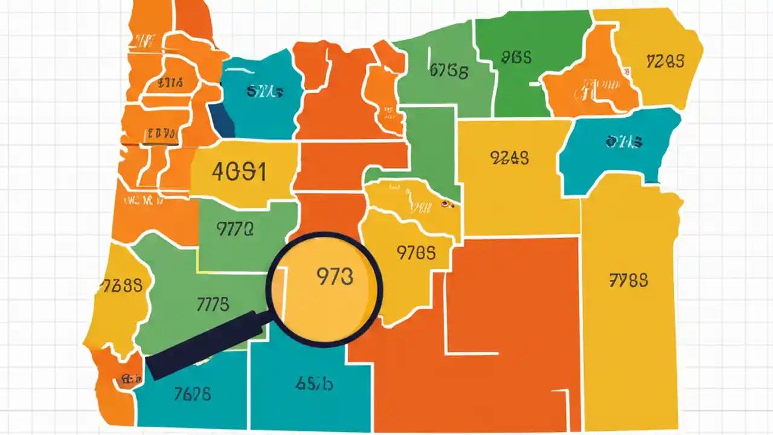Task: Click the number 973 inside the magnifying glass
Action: click(x=334, y=276)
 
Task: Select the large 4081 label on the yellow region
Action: click(x=239, y=172)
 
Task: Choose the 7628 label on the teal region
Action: click(x=192, y=395)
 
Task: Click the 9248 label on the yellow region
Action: click(x=510, y=158)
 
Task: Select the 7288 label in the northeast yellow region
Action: click(x=665, y=61)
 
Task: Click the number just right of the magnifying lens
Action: click(x=416, y=253)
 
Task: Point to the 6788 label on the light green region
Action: click(x=449, y=71)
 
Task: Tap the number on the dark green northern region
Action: click(x=516, y=57)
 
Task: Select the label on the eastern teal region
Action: click(x=624, y=143)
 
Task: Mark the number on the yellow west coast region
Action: click(x=123, y=285)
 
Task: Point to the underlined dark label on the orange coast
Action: click(x=160, y=134)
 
